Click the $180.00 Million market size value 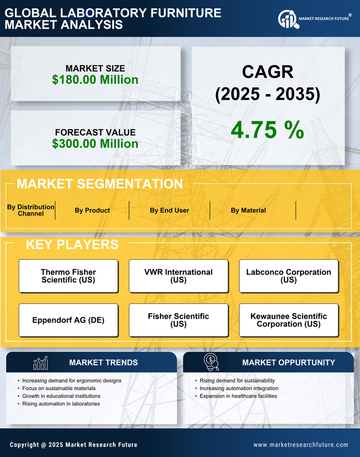(x=95, y=80)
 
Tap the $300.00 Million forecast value (x=95, y=144)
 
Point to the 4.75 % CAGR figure (x=267, y=130)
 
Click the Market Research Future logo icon (x=287, y=19)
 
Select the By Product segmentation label (x=92, y=210)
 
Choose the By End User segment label (x=169, y=210)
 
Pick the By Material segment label (x=248, y=210)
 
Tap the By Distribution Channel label (x=31, y=210)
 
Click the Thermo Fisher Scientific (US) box (x=68, y=276)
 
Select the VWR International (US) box (x=178, y=276)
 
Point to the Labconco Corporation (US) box (x=289, y=276)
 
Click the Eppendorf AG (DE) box (x=68, y=320)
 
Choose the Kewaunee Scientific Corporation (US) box (x=289, y=320)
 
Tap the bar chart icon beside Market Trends (x=40, y=363)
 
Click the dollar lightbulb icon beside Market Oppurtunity (x=211, y=362)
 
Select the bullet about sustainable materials (x=59, y=389)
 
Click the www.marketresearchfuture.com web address (x=301, y=445)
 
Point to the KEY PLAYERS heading (x=72, y=244)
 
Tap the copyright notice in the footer (x=74, y=445)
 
